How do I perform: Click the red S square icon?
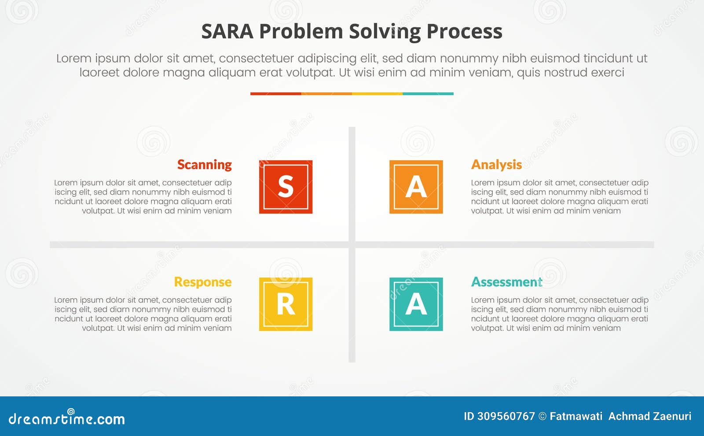(x=286, y=187)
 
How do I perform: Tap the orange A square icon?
(x=416, y=187)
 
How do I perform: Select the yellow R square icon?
(x=286, y=304)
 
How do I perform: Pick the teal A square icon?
(x=416, y=304)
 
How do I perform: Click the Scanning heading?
(x=204, y=165)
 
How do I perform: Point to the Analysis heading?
(x=496, y=165)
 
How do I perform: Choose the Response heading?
(x=202, y=282)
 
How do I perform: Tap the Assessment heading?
(x=506, y=282)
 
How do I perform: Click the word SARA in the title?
(x=227, y=32)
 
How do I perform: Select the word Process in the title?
(x=464, y=32)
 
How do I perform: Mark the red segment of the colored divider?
(x=275, y=94)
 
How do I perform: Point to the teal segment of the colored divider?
(x=428, y=94)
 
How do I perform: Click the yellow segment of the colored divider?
(x=377, y=94)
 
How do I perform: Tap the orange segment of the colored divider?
(x=326, y=94)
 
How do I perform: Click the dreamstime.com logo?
(x=66, y=418)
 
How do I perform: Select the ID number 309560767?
(x=506, y=416)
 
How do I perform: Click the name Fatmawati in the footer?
(x=576, y=416)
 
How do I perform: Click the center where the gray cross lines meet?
(x=352, y=244)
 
